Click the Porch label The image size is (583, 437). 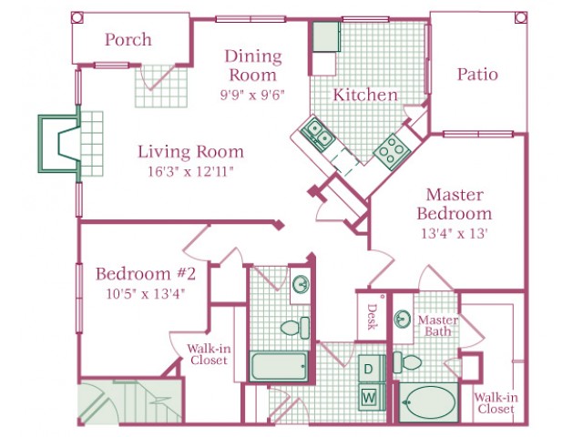point(128,39)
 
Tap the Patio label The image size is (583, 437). point(477,74)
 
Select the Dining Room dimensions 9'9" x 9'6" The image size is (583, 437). point(252,95)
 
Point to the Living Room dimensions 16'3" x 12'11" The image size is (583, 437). point(190,171)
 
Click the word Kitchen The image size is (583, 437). point(365,95)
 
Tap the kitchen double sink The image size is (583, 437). point(318,134)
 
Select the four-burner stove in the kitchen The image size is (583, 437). point(393,150)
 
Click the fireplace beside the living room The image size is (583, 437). point(59,144)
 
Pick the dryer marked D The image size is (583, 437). point(369,368)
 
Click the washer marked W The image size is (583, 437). point(369,398)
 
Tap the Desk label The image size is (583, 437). point(372,317)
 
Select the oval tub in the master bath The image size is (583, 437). point(429,402)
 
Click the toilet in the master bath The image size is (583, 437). point(407,362)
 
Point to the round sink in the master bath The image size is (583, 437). point(403,319)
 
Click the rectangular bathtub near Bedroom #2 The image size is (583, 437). point(279,366)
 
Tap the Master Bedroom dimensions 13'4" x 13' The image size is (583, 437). point(454,233)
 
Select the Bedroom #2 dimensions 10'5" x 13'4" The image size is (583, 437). point(146,294)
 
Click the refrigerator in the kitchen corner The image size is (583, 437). point(326,36)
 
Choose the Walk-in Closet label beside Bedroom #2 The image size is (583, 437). point(209,354)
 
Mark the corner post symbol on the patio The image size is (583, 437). point(520,17)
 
